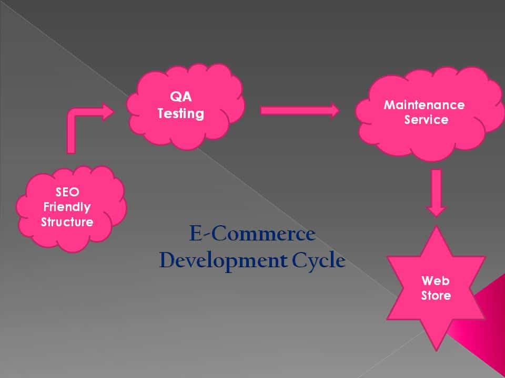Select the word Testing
click(180, 114)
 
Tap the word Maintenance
click(424, 104)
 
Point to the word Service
click(426, 120)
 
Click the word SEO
click(67, 192)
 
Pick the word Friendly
click(67, 207)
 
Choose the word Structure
click(67, 222)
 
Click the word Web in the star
click(436, 280)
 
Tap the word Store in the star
click(436, 295)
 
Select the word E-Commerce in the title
click(252, 234)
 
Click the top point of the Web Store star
click(436, 229)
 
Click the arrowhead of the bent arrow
click(107, 111)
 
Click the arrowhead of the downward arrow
click(436, 210)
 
